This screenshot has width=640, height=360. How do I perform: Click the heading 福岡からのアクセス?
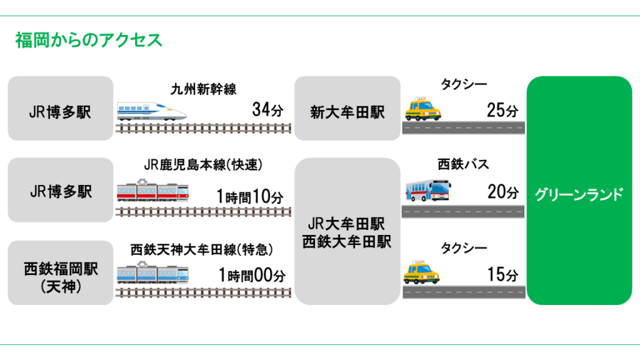(89, 40)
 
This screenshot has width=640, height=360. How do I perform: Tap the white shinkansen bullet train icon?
(152, 111)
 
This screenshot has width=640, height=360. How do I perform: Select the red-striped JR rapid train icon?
(152, 191)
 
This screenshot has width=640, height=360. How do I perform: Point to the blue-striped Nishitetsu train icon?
(152, 274)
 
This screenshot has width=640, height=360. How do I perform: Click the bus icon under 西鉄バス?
(427, 189)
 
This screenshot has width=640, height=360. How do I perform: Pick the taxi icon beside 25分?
(423, 109)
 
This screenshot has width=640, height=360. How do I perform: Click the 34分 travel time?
(267, 110)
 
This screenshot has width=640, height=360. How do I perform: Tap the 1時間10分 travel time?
(250, 197)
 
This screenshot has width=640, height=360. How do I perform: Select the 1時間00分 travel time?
(252, 275)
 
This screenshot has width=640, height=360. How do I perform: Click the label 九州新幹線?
(204, 89)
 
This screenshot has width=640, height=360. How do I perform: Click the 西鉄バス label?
(462, 164)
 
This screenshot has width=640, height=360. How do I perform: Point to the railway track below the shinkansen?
(204, 128)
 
